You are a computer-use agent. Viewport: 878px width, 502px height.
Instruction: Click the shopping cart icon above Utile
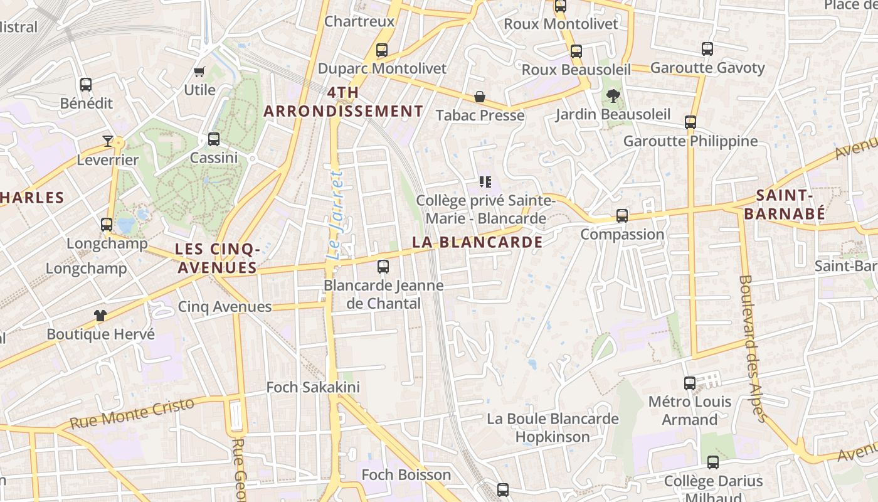click(x=199, y=72)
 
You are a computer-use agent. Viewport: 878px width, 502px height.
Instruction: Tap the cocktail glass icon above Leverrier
click(x=108, y=141)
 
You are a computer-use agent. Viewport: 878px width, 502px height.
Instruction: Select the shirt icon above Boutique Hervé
click(x=100, y=316)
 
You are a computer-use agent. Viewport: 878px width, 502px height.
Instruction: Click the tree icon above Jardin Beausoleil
click(x=613, y=96)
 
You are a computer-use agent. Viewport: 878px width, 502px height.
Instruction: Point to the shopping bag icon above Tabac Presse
click(x=480, y=97)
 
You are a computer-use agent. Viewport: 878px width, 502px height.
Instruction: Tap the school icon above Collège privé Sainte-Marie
click(x=485, y=182)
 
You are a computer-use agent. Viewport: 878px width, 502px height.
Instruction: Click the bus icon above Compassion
click(x=622, y=216)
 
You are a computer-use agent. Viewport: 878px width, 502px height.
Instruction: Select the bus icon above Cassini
click(x=214, y=139)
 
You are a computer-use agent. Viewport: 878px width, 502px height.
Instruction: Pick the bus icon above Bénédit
click(x=86, y=85)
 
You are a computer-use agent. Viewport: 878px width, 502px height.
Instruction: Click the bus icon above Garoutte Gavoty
click(x=707, y=49)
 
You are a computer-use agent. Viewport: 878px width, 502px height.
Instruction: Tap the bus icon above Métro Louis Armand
click(x=690, y=383)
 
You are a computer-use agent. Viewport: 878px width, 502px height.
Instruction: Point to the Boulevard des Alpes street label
click(x=753, y=348)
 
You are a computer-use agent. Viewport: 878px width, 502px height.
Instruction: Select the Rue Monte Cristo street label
click(x=132, y=414)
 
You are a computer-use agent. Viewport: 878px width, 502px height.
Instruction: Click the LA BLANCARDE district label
click(x=477, y=242)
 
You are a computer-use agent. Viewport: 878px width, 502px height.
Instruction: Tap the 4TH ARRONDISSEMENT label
click(x=343, y=102)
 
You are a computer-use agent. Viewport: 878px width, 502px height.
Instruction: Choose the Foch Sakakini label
click(x=313, y=387)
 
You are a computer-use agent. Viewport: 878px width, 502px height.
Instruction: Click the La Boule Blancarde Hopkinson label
click(x=553, y=427)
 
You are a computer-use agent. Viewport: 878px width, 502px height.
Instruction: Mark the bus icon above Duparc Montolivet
click(x=382, y=50)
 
